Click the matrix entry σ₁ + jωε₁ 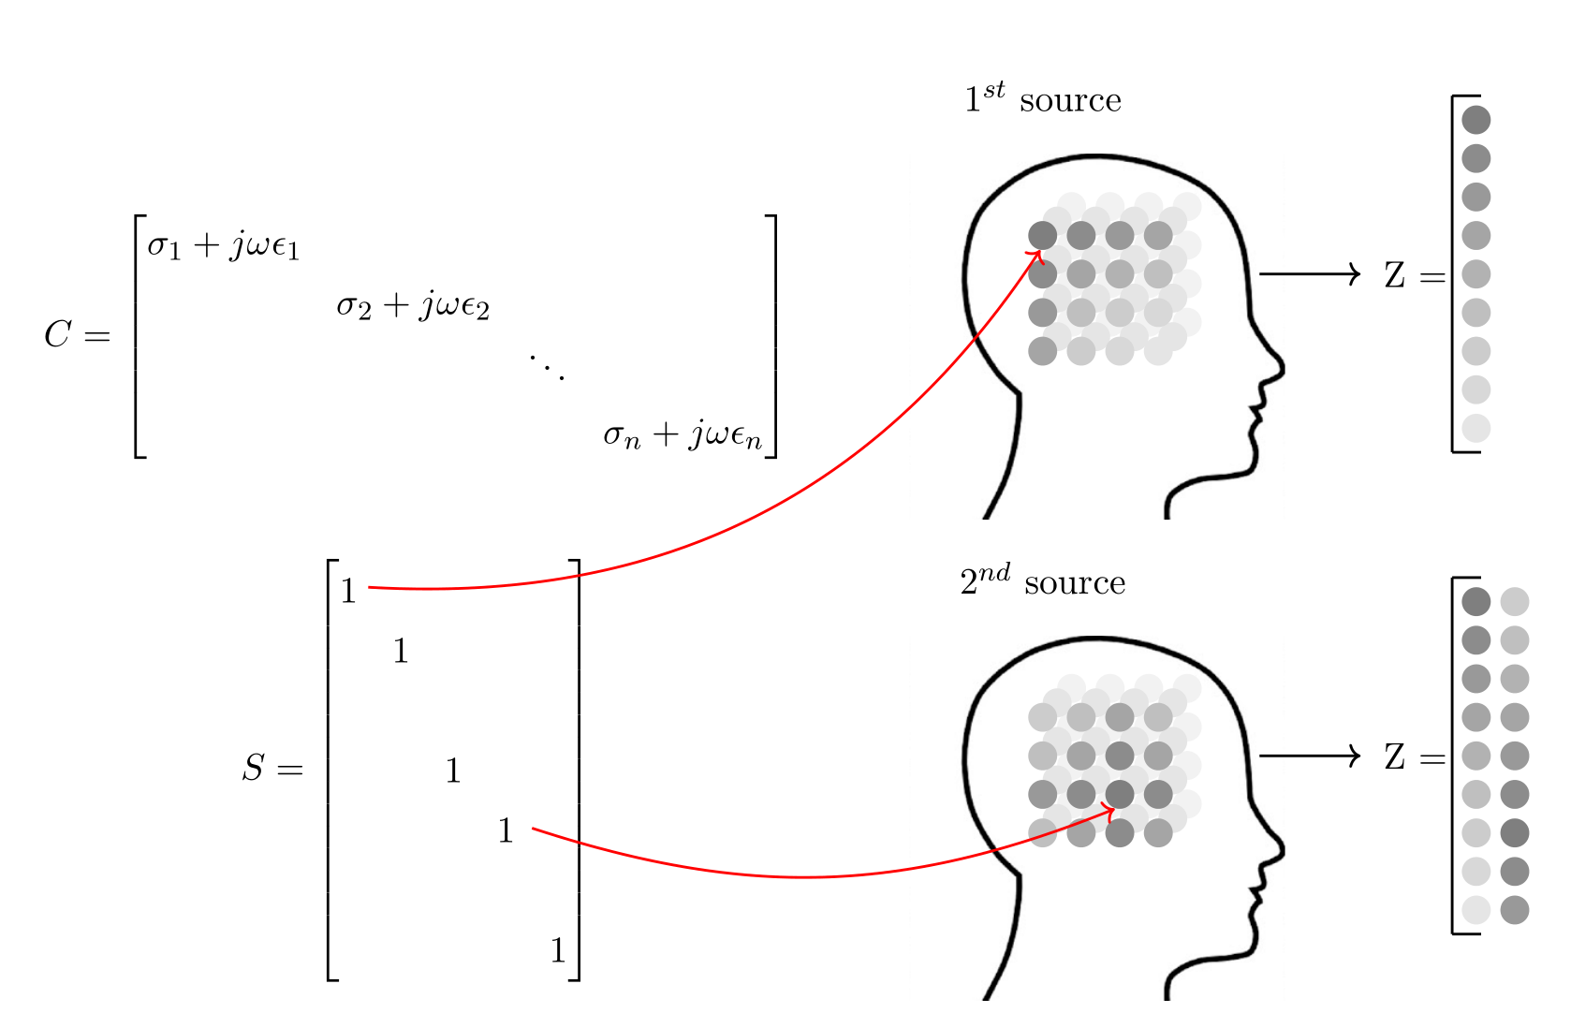(x=223, y=245)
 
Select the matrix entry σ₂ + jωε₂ (x=413, y=305)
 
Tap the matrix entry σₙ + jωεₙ (x=683, y=434)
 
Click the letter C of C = (x=58, y=334)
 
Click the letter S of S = (x=253, y=769)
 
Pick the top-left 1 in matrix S (x=348, y=592)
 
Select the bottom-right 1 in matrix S (x=558, y=951)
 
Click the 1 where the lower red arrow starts (x=506, y=830)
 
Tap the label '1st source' (x=1042, y=98)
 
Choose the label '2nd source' (x=1042, y=581)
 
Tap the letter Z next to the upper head (x=1395, y=276)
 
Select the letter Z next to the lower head (x=1395, y=757)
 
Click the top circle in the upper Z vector (x=1476, y=120)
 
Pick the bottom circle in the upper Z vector (x=1476, y=428)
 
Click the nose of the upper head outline (x=1279, y=365)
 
